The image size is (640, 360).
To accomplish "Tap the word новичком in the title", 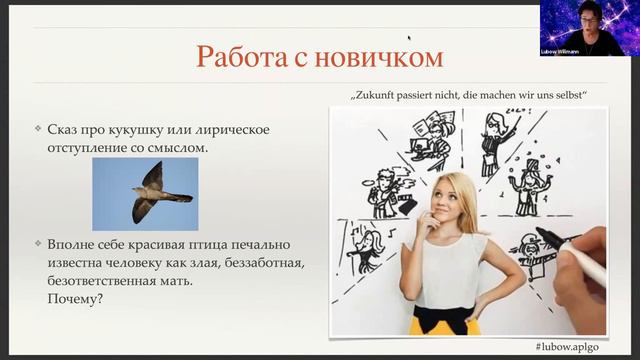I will pyautogui.click(x=379, y=57).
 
